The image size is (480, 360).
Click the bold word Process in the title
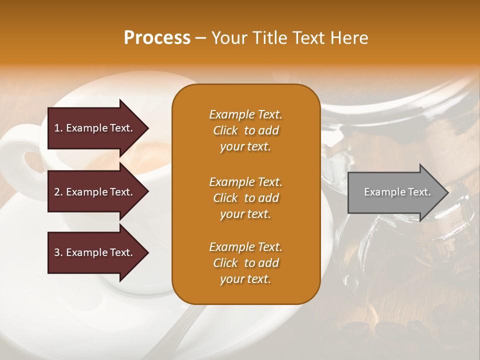point(157,37)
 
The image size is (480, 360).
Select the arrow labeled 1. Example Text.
point(95,128)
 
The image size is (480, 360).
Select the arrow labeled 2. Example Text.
point(95,192)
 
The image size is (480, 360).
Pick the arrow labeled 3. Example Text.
point(95,252)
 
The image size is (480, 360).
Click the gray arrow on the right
point(395,192)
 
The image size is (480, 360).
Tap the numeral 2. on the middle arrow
point(58,192)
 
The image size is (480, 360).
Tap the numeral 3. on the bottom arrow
point(58,252)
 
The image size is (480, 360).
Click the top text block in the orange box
point(245,130)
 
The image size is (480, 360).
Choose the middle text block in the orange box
point(245,198)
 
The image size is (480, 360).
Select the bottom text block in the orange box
point(245,263)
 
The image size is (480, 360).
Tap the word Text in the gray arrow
point(420,192)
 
